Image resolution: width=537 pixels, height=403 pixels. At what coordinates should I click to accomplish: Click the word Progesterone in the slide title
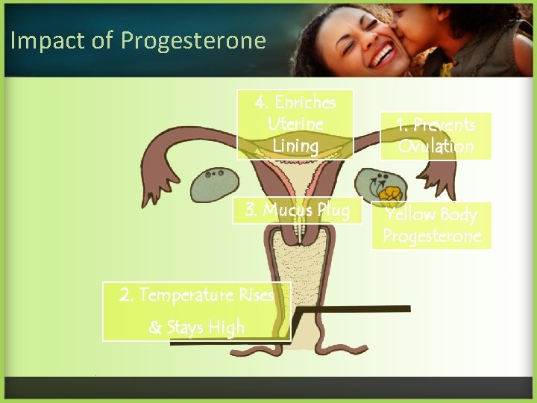tap(193, 40)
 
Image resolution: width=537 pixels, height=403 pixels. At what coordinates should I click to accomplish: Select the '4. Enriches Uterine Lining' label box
tap(295, 124)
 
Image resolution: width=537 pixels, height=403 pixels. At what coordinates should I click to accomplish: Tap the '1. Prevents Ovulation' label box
tap(436, 135)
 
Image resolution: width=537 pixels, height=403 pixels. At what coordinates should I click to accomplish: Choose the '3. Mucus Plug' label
tap(297, 210)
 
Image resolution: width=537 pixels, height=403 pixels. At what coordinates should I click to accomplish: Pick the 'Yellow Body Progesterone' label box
tap(432, 225)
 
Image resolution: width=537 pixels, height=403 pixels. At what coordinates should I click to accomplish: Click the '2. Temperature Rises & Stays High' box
tap(197, 311)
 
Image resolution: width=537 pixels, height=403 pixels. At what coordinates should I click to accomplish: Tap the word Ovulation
tap(436, 146)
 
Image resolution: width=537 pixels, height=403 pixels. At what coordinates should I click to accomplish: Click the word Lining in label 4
tap(295, 146)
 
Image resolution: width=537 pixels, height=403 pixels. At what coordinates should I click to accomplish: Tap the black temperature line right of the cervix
tap(358, 307)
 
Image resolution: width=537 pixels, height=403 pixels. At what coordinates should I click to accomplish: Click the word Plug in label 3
tap(332, 210)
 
